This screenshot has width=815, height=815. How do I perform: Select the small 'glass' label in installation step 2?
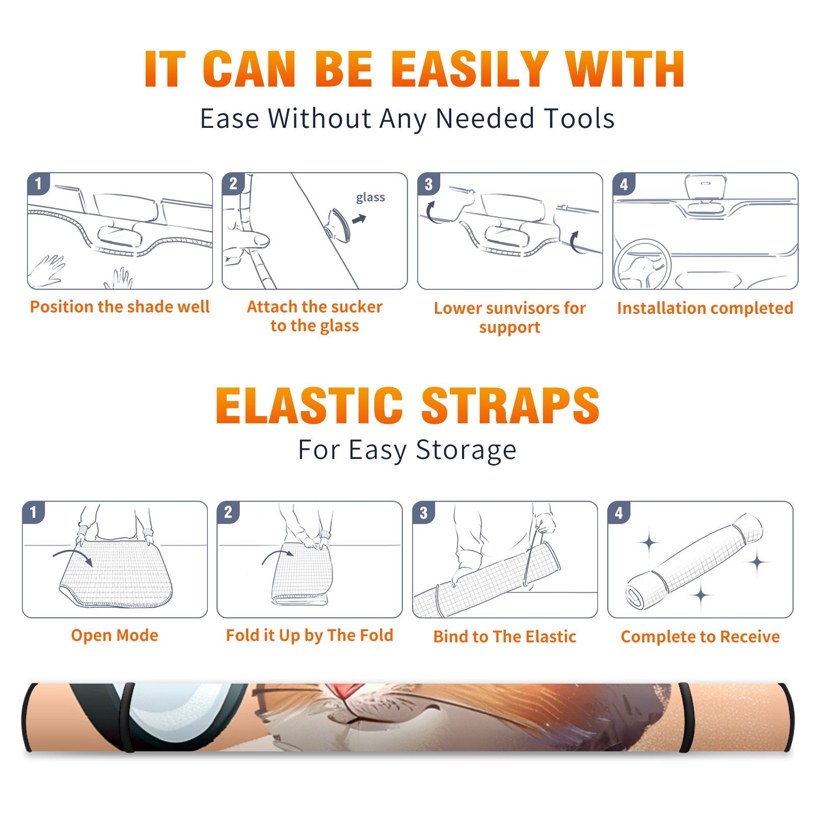click(x=370, y=198)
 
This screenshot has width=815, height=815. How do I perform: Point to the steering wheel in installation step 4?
click(x=642, y=264)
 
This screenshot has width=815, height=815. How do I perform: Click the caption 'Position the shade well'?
click(x=120, y=307)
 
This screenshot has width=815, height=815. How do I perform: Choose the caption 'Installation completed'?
click(x=705, y=308)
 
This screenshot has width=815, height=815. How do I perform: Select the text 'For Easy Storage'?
click(x=407, y=450)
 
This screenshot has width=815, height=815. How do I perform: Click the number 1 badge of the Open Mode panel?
click(x=34, y=512)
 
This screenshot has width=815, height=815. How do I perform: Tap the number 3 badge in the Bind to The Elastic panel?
click(x=424, y=512)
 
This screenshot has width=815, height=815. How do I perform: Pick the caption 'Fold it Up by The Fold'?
click(x=310, y=635)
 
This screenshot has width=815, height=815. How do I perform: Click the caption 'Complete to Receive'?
click(x=700, y=637)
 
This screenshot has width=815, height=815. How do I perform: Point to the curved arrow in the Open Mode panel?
click(x=72, y=553)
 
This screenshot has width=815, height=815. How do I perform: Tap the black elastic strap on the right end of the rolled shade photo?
click(x=686, y=718)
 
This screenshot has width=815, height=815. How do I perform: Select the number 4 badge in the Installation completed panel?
click(x=624, y=184)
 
